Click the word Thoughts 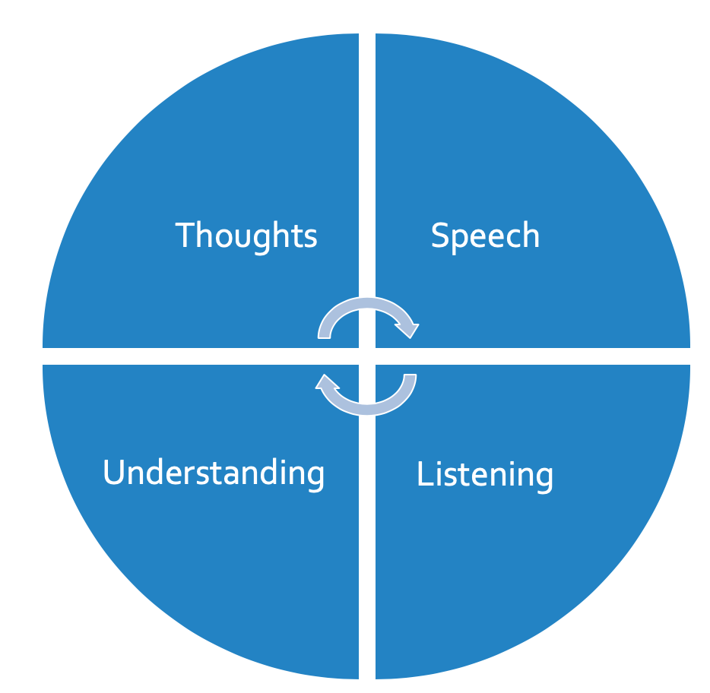coord(246,236)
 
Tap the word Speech coord(485,236)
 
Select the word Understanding coord(214,473)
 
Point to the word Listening coord(484,475)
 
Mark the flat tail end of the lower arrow coord(409,377)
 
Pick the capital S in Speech coord(439,236)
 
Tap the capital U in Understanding coord(113,473)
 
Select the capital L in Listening coord(423,473)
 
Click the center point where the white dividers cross coord(367,356)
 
